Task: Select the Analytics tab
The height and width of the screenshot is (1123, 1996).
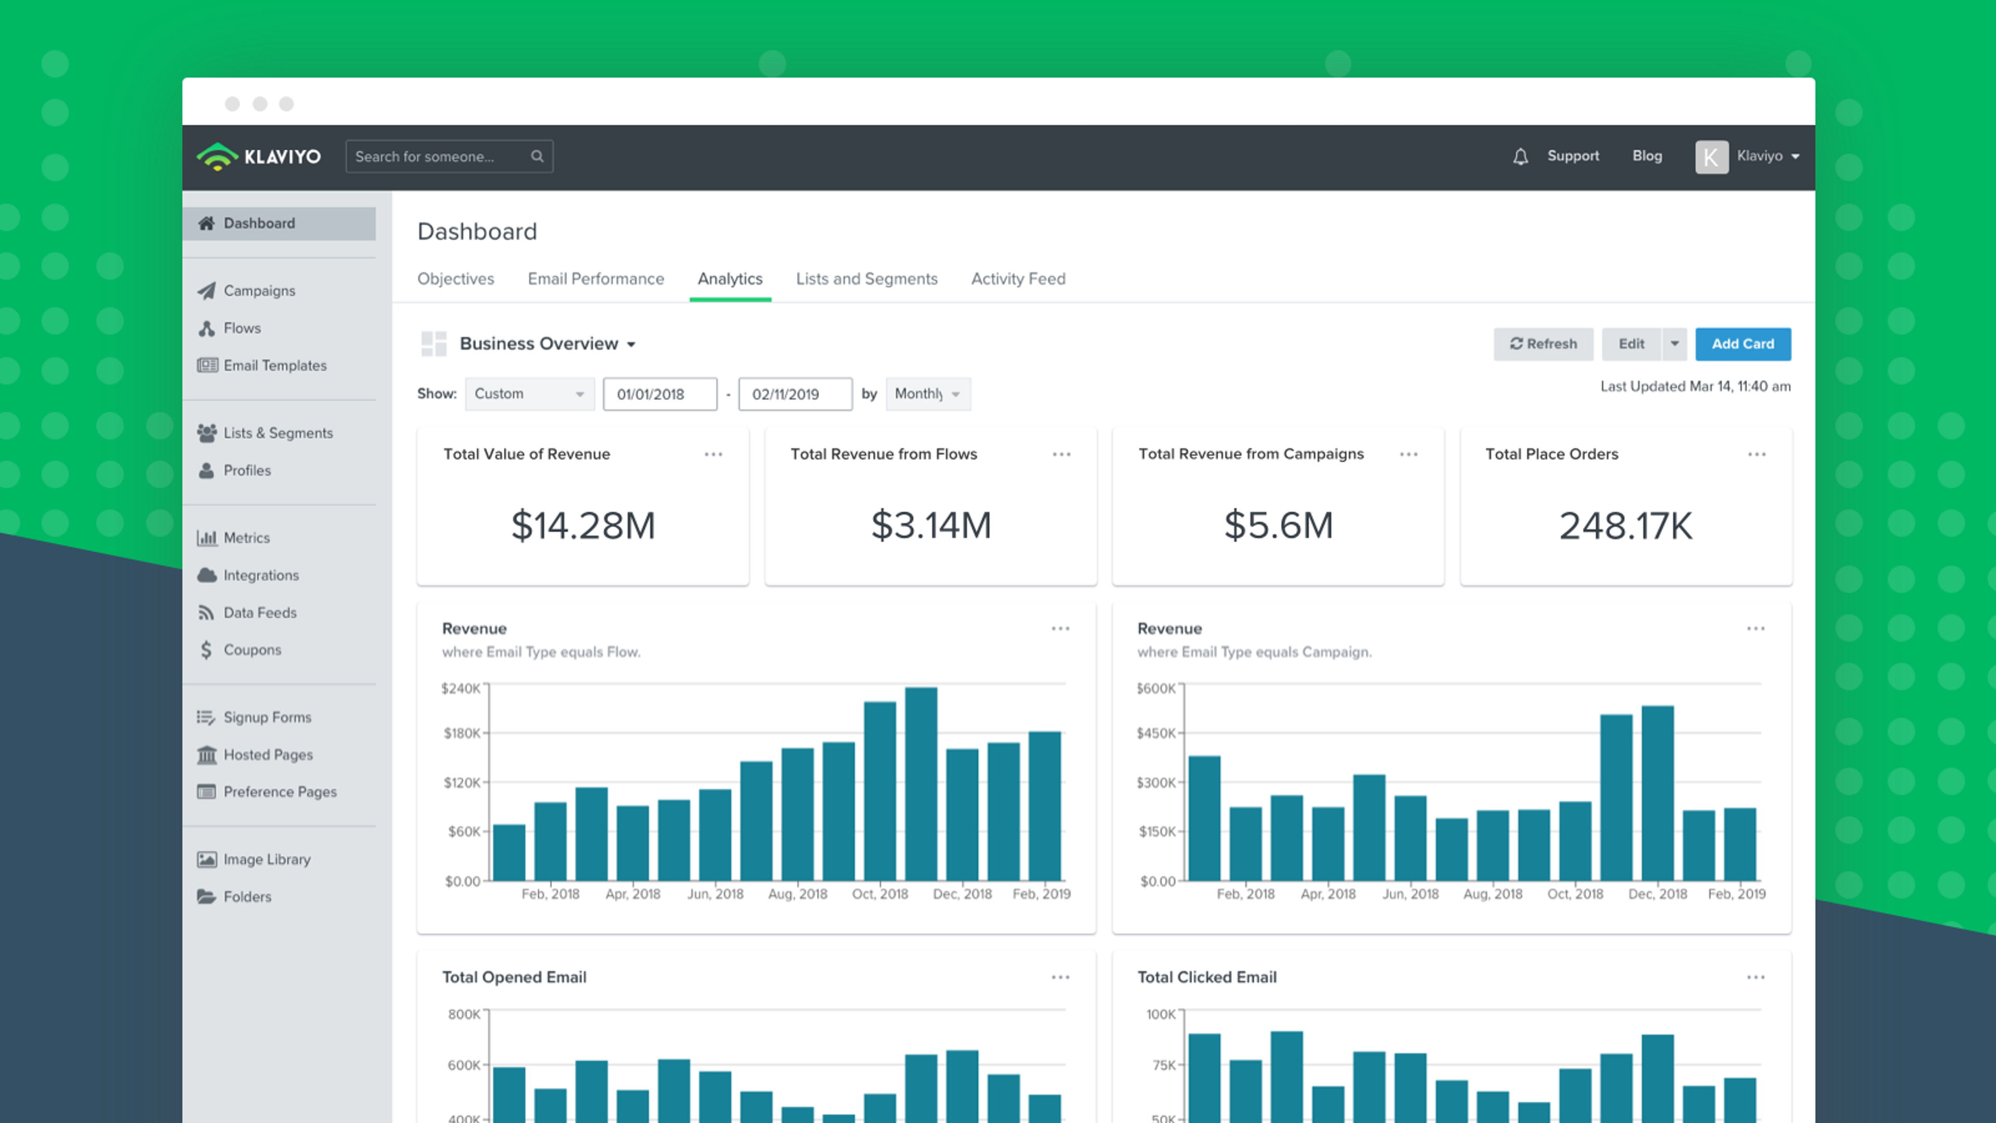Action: click(730, 279)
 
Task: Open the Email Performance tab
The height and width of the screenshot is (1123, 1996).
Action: click(595, 279)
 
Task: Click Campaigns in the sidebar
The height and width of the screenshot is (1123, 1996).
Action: click(259, 291)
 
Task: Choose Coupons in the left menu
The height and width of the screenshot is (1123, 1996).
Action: click(252, 649)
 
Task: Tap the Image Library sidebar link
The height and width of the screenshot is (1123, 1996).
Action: click(267, 859)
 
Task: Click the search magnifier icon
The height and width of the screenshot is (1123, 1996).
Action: click(537, 156)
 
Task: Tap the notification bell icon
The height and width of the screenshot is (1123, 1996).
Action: click(1520, 156)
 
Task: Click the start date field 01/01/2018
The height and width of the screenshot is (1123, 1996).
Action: click(660, 394)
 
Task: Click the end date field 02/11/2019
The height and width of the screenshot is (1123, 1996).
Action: click(795, 394)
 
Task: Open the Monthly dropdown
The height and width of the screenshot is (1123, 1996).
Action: click(927, 394)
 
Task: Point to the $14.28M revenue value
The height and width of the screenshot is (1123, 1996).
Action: click(583, 526)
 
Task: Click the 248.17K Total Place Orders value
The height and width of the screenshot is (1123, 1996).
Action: click(1625, 526)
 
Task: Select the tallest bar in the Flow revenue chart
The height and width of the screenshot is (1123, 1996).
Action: click(921, 783)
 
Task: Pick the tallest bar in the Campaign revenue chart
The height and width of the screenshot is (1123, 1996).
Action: click(1658, 792)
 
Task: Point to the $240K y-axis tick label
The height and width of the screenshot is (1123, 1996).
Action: click(460, 688)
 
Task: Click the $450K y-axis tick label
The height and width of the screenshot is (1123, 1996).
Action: click(1155, 733)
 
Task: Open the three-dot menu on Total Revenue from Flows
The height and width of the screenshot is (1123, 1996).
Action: click(1061, 454)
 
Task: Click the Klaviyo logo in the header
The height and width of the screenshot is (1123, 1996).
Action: click(259, 156)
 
